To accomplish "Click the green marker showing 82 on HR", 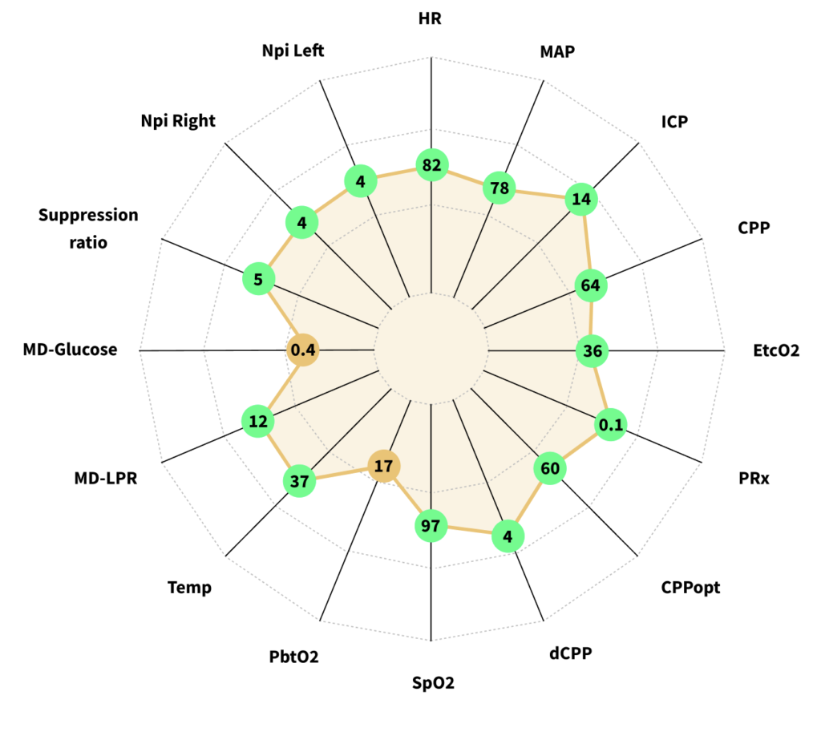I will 432,166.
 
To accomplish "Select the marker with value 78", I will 500,188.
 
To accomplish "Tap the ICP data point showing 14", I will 580,200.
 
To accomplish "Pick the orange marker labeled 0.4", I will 304,350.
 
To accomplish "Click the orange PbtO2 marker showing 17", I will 384,465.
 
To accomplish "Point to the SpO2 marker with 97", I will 431,525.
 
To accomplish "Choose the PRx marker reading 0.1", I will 611,426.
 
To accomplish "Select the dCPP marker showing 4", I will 508,535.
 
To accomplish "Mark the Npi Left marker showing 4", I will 360,182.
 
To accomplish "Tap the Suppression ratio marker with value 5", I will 259,280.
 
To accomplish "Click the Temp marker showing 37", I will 299,482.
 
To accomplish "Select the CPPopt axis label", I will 690,588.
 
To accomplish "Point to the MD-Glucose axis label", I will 70,350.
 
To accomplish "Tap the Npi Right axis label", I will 178,121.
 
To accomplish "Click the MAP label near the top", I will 558,52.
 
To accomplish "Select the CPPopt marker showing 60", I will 550,469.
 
